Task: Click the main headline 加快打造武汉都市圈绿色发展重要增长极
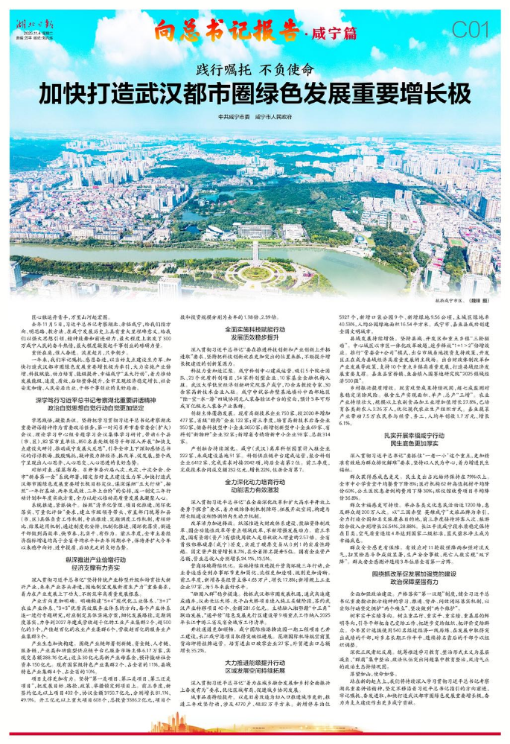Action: click(255, 94)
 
